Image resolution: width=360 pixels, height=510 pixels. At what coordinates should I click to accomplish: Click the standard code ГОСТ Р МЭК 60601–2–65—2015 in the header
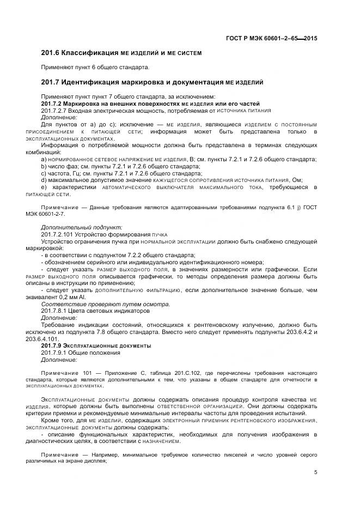tap(272, 38)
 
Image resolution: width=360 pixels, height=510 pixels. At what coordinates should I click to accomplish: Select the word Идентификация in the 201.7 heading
tap(93, 82)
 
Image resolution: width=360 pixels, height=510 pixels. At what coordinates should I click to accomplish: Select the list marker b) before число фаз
tap(44, 166)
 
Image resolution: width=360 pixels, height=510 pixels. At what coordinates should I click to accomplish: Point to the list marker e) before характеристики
tap(44, 187)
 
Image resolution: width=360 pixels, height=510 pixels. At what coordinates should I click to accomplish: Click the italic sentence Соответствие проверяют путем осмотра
tap(105, 304)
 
